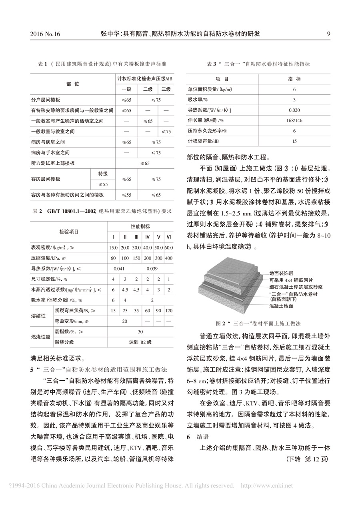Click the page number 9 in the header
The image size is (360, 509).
point(328,34)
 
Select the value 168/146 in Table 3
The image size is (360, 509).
point(294,120)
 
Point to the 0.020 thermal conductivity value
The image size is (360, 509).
point(294,110)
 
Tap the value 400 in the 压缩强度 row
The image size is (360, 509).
point(169,258)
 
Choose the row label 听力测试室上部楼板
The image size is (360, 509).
point(53,163)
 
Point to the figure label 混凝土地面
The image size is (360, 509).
point(282,306)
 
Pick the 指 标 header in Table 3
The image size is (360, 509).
point(294,79)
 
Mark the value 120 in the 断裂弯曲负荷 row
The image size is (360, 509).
point(169,311)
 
